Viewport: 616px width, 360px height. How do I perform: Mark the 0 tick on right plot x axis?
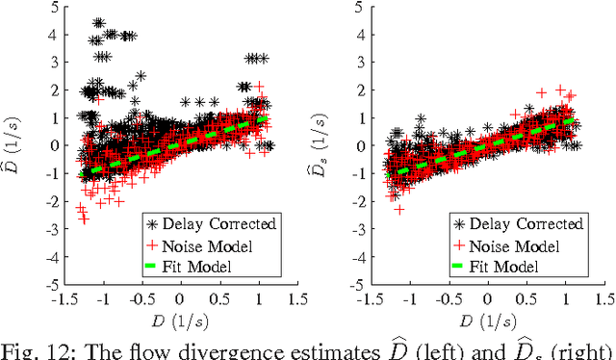487,299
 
